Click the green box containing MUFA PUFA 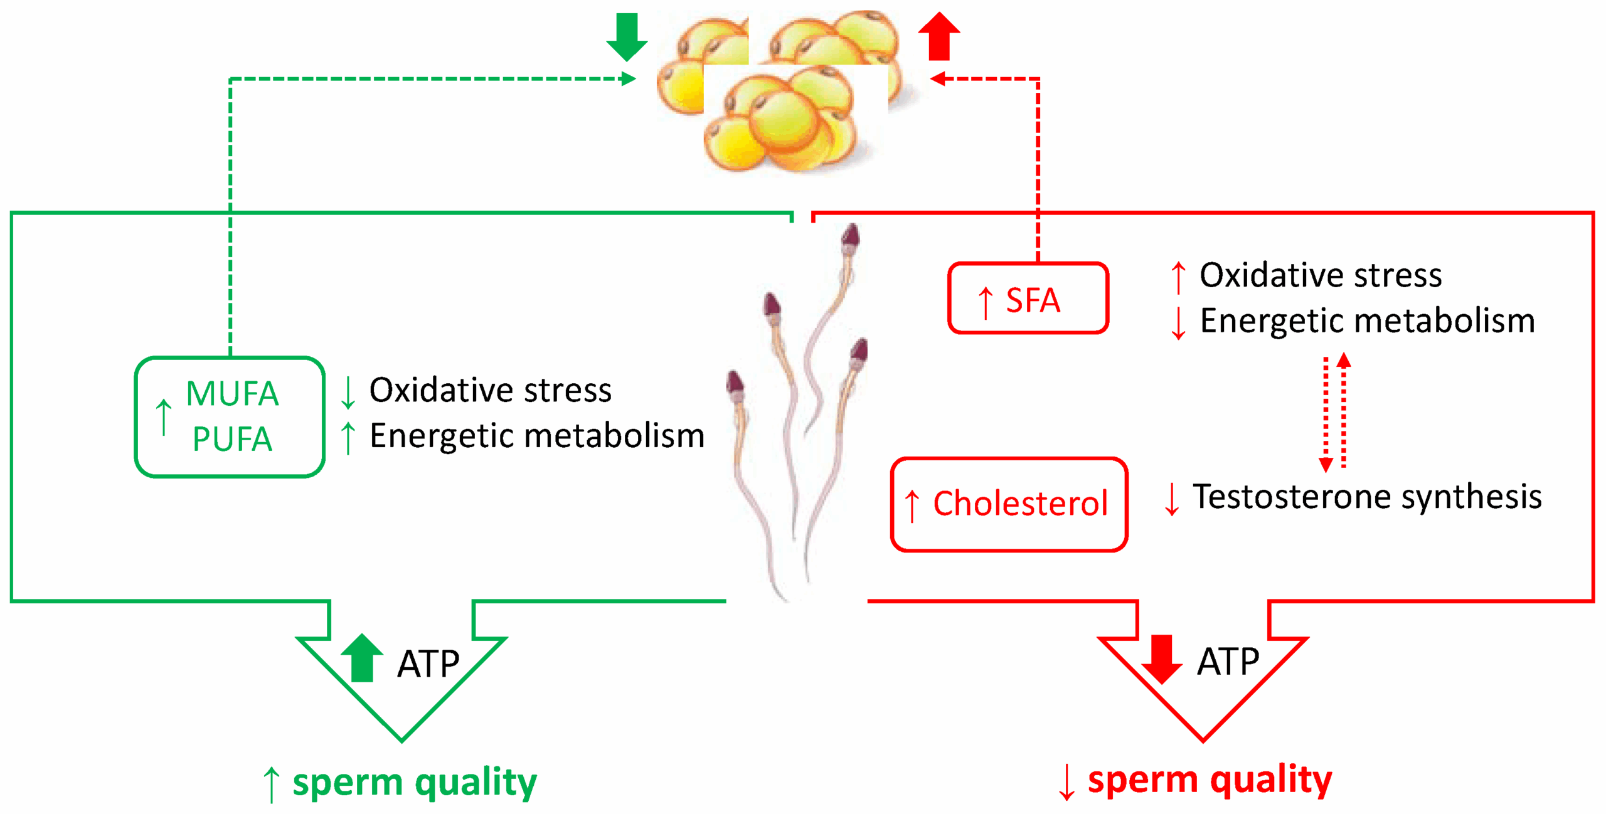tap(230, 416)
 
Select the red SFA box tap(1028, 298)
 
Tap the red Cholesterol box tap(1009, 504)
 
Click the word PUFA tap(232, 438)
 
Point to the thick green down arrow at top tap(627, 36)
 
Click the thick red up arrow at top tap(939, 36)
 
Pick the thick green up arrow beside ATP tap(362, 658)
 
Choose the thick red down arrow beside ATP tap(1161, 658)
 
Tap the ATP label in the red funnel tap(1228, 661)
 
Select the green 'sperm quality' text tap(415, 782)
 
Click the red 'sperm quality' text tap(1210, 780)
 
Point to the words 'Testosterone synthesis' tap(1367, 497)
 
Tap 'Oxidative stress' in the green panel tap(490, 390)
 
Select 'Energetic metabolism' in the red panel tap(1367, 321)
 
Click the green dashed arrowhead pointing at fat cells tap(628, 78)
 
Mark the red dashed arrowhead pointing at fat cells tap(938, 78)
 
